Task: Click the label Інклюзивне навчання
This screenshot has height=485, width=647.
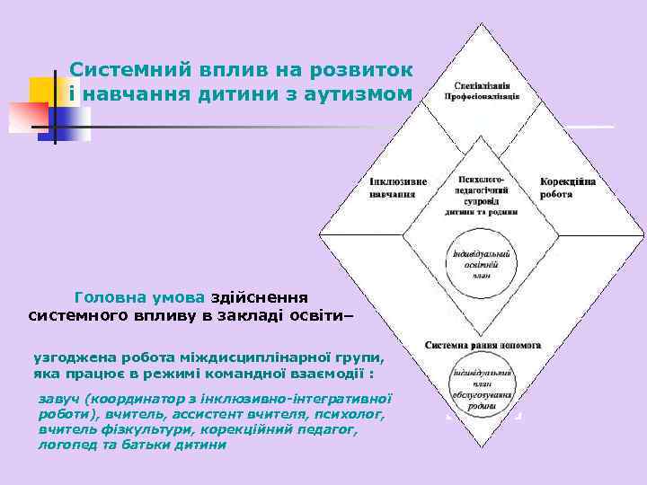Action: coord(398,187)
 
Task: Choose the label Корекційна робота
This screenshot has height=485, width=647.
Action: coord(568,187)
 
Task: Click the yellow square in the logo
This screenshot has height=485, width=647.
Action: coord(42,91)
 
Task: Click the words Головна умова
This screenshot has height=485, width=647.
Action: coord(140,297)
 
